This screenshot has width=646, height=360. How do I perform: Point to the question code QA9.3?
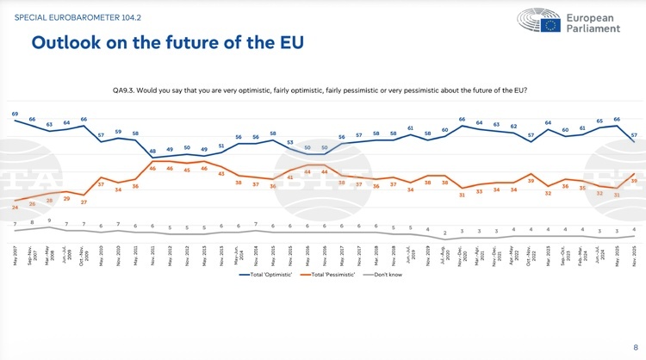tap(128, 90)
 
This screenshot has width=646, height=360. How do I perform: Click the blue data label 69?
tap(15, 114)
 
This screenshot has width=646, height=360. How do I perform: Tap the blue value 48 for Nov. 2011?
tap(152, 151)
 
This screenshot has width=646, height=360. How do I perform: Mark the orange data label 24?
tap(15, 208)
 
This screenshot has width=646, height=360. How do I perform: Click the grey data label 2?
tap(444, 233)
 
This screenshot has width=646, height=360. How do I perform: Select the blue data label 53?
tap(290, 142)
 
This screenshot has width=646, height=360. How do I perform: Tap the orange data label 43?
tap(221, 174)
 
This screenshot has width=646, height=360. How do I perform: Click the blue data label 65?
tap(599, 121)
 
